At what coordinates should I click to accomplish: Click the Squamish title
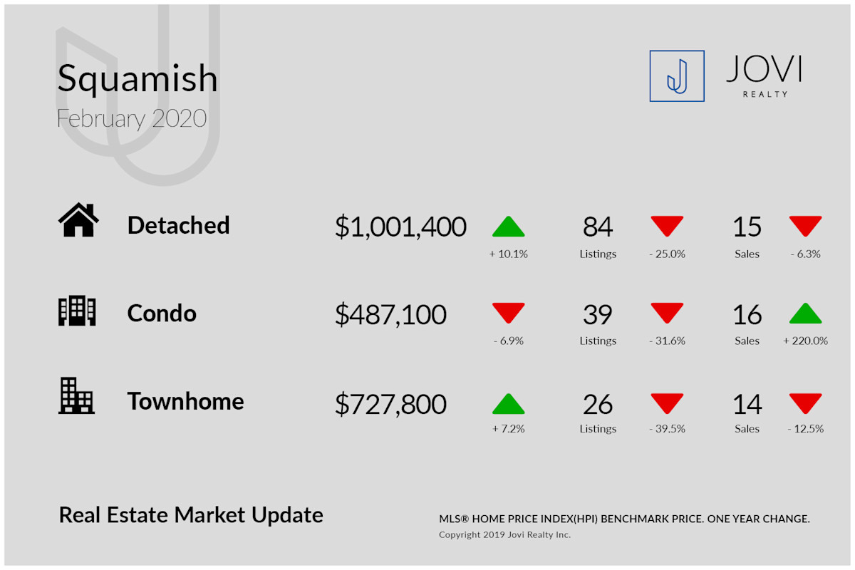coord(138,79)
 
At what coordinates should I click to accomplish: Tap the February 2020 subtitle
coord(132,119)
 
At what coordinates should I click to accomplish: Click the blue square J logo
coord(677,76)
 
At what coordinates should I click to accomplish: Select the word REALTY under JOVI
coord(765,94)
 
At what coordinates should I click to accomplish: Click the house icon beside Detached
coord(78,219)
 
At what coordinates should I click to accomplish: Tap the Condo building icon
coord(77,311)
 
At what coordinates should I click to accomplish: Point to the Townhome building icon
coord(76,396)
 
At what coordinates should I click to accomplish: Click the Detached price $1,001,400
coord(400,227)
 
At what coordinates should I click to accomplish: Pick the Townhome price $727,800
coord(390,404)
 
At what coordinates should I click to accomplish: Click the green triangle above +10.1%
coord(509,227)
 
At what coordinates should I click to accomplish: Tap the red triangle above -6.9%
coord(509,313)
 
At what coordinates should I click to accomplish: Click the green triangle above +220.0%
coord(805,313)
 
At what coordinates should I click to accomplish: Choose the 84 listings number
coord(598,227)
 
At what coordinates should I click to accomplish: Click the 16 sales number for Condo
coord(747,315)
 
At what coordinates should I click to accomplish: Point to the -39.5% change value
coord(667,429)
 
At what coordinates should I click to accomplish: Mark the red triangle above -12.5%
coord(805,403)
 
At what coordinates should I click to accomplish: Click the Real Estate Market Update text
coord(191,515)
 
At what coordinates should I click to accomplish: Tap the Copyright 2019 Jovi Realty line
coord(504,535)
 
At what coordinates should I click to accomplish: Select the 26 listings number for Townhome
coord(598,404)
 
